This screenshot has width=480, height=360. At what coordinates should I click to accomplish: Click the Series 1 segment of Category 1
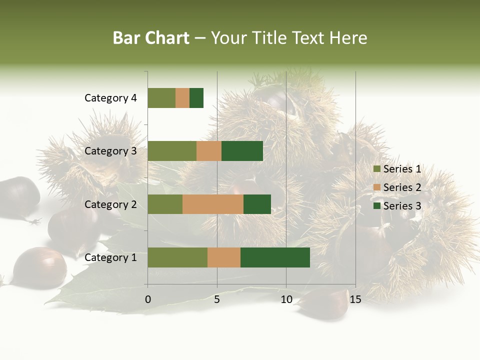point(177,257)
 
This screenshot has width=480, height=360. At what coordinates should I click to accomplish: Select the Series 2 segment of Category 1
point(224,257)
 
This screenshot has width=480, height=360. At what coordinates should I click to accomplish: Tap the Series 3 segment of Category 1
point(275,257)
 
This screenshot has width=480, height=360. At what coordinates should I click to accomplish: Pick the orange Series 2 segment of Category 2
point(213,204)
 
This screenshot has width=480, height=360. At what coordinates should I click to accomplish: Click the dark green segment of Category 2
point(257,204)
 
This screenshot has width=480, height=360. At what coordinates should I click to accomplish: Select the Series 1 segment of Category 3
point(172,151)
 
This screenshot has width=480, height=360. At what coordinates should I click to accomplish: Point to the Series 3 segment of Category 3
point(242,151)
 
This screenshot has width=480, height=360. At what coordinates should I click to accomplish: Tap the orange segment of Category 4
point(182,98)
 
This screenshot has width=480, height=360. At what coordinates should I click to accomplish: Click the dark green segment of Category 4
point(196,98)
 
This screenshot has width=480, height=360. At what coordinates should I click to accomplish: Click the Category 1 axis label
point(110,257)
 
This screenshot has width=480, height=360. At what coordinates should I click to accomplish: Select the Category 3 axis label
point(110,151)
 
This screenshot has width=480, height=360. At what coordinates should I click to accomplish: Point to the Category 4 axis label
point(110,98)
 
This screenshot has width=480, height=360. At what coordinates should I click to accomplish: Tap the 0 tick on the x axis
point(148,299)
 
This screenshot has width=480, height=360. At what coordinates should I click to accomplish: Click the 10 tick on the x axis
point(286,299)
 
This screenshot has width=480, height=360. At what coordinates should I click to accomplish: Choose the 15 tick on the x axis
point(355,299)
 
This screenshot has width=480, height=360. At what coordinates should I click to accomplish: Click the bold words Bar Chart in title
point(151,38)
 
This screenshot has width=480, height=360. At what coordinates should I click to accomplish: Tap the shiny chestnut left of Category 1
point(39,267)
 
